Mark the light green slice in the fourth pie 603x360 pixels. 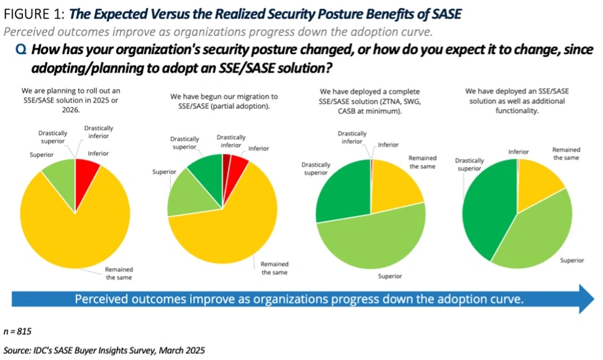[x=537, y=233]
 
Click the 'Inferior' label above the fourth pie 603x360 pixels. [x=519, y=151]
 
